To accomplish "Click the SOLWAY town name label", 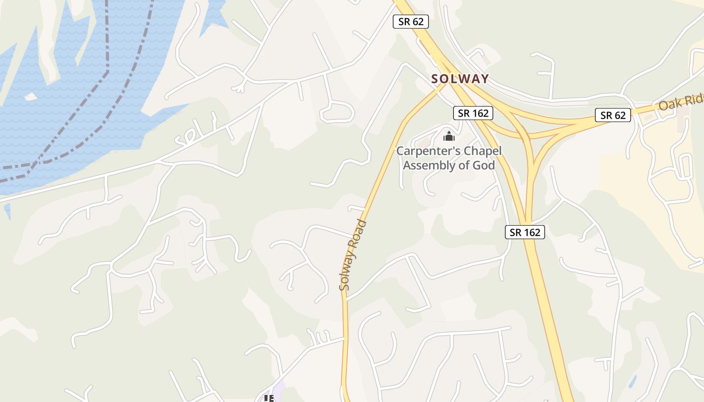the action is click(x=460, y=79).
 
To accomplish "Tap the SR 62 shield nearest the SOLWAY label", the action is click(x=411, y=22).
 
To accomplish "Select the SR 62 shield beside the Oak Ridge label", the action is click(x=613, y=115).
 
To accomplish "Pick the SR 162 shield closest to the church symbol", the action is click(x=473, y=113).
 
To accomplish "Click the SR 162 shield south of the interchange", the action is click(x=525, y=232).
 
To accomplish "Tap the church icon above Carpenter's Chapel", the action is click(x=449, y=136).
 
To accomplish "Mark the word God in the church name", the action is click(x=483, y=165).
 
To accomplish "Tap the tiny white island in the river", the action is click(x=31, y=96).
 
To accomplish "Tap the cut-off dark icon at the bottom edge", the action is click(x=269, y=398).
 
